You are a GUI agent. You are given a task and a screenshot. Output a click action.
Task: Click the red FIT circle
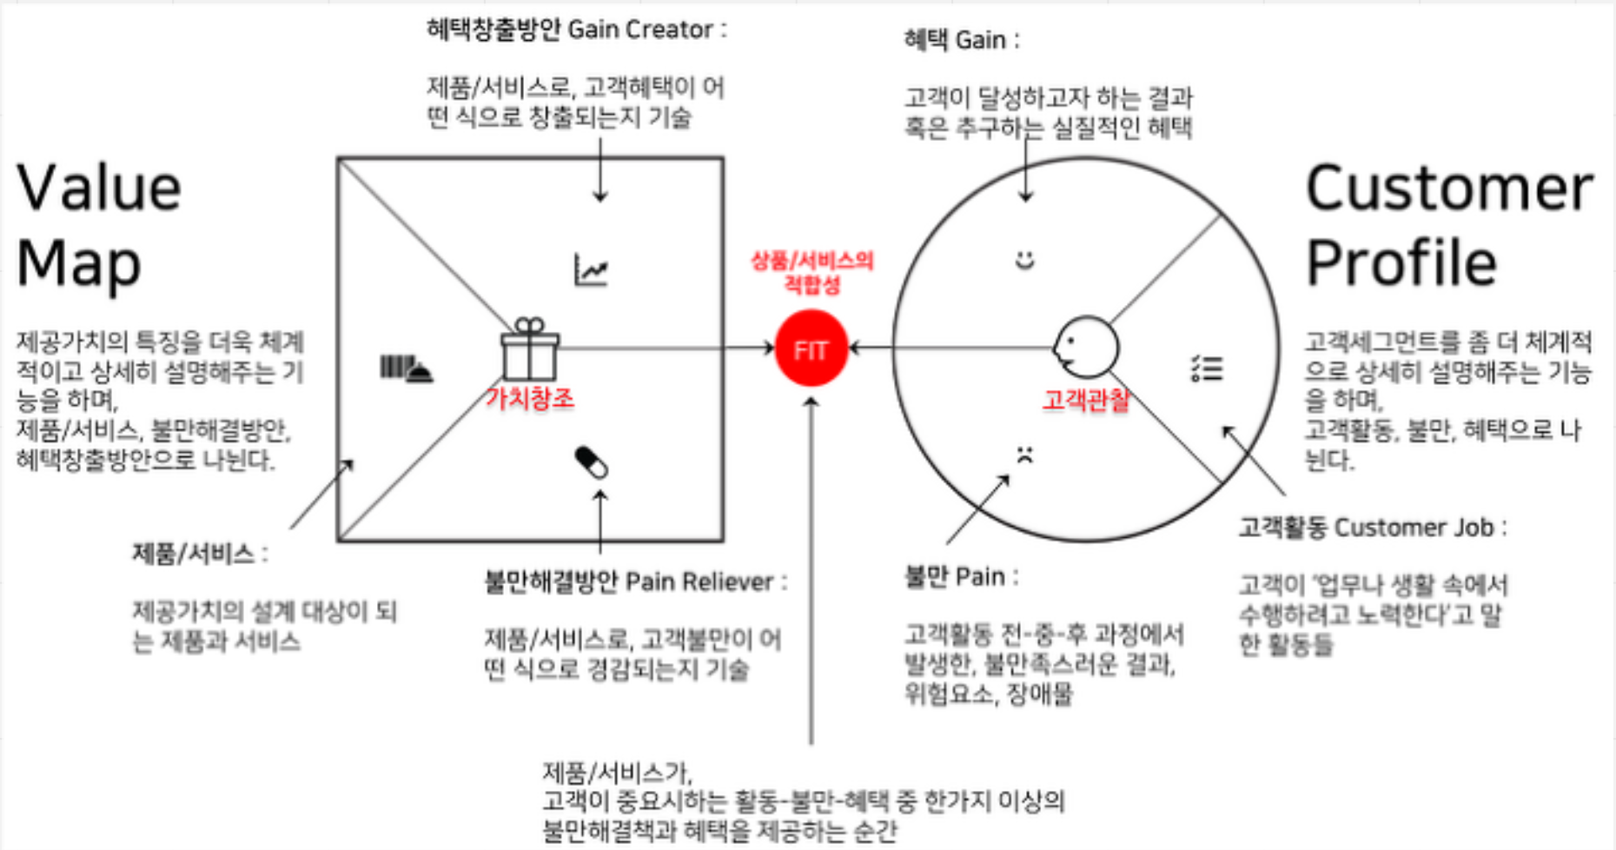(x=811, y=349)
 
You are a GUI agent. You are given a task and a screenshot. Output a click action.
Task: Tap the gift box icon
(x=530, y=349)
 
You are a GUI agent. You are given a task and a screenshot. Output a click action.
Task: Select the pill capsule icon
(x=592, y=462)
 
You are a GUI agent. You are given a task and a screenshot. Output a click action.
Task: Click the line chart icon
(x=592, y=269)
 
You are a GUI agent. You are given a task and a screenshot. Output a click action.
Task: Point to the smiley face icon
(x=1025, y=260)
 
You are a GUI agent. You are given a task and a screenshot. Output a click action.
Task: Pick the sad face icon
(x=1025, y=455)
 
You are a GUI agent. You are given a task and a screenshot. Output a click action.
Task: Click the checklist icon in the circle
(x=1207, y=369)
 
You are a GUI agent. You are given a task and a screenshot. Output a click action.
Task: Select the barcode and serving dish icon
(x=406, y=369)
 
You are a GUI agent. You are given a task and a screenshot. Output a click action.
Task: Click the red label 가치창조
(x=530, y=398)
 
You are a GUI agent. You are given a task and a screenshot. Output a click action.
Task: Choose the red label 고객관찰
(x=1086, y=399)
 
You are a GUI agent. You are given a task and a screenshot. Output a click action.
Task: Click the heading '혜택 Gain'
(x=962, y=40)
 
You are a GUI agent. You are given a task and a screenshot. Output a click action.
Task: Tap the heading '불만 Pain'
(x=961, y=576)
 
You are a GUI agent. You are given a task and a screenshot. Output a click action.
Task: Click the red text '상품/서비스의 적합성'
(x=812, y=272)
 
